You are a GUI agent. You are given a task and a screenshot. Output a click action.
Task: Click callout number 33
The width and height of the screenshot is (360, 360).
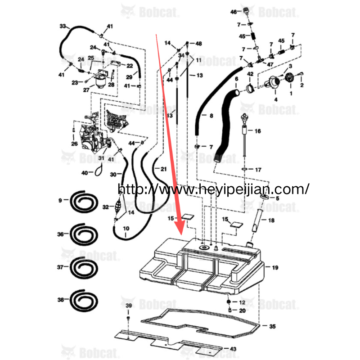pyautogui.click(x=63, y=26)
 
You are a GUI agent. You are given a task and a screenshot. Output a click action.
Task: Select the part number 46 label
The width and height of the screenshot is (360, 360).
pyautogui.click(x=233, y=11)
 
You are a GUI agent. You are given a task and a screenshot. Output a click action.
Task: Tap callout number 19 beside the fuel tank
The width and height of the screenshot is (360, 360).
pyautogui.click(x=275, y=267)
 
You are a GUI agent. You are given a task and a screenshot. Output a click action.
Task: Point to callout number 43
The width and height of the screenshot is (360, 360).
pyautogui.click(x=233, y=349)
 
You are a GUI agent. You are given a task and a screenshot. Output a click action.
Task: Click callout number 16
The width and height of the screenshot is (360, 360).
pyautogui.click(x=257, y=131)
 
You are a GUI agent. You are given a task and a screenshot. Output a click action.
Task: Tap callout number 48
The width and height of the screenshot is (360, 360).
pyautogui.click(x=198, y=43)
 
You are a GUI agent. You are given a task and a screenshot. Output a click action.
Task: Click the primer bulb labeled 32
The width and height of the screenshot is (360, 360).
pyautogui.click(x=118, y=207)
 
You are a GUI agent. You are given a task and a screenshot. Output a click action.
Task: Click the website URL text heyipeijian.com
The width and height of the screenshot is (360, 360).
pyautogui.click(x=213, y=189)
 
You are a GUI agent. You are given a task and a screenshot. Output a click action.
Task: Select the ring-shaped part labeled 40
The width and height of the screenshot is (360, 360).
pyautogui.click(x=99, y=170)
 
